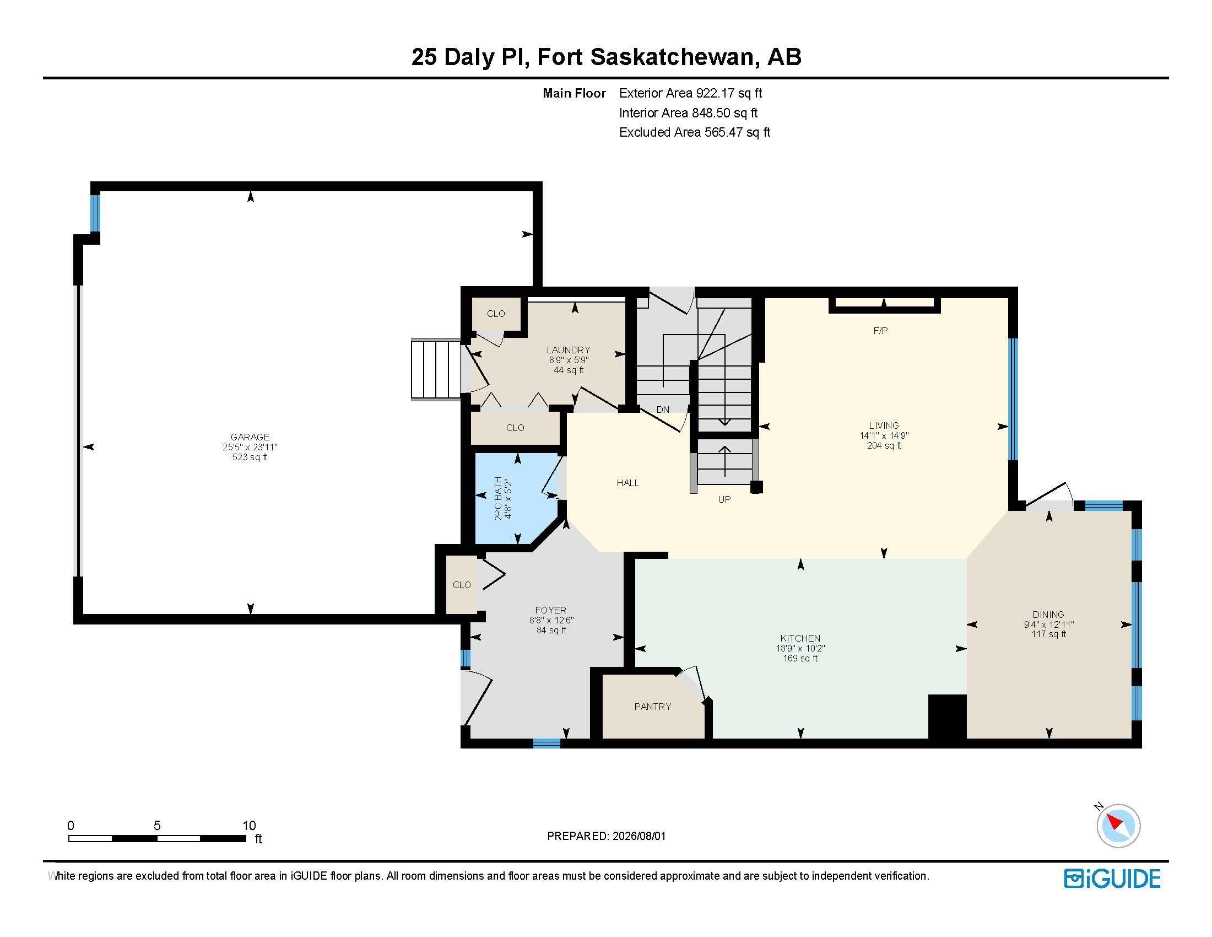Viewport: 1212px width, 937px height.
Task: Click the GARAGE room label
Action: pyautogui.click(x=250, y=437)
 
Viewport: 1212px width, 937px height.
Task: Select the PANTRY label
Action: pyautogui.click(x=653, y=707)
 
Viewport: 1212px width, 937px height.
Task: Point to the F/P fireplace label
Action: pyautogui.click(x=881, y=331)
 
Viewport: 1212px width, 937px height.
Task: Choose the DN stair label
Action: pyautogui.click(x=663, y=410)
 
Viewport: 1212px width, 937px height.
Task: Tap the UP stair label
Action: pyautogui.click(x=724, y=499)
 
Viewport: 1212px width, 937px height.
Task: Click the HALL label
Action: pyautogui.click(x=627, y=483)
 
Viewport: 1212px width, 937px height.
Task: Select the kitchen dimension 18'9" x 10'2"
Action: pyautogui.click(x=800, y=648)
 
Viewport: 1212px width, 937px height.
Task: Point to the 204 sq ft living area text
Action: pyautogui.click(x=884, y=445)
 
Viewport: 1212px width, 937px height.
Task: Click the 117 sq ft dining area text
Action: pyautogui.click(x=1048, y=634)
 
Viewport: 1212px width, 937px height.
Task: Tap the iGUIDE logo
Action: pyautogui.click(x=1112, y=879)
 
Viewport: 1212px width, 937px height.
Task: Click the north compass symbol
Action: pyautogui.click(x=1118, y=825)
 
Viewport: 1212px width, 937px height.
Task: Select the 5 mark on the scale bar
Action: pyautogui.click(x=157, y=826)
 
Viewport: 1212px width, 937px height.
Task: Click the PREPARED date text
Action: pyautogui.click(x=607, y=836)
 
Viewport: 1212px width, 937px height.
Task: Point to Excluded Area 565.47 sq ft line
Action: pyautogui.click(x=695, y=132)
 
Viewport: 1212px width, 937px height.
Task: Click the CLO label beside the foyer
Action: pyautogui.click(x=462, y=584)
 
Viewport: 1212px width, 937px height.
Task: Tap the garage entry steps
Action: pyautogui.click(x=436, y=369)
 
